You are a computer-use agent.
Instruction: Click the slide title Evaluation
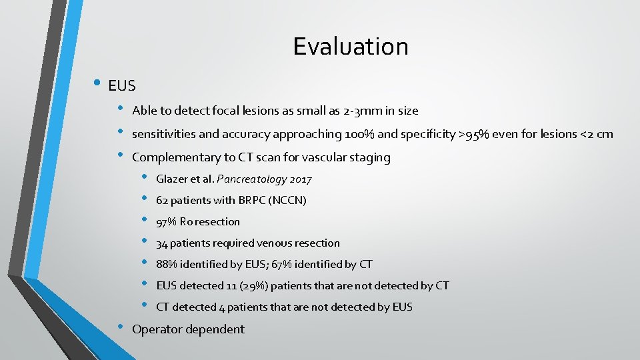point(350,47)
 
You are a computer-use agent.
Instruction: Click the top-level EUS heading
point(121,86)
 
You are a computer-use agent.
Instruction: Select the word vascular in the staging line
point(317,158)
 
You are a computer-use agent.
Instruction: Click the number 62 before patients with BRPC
point(162,201)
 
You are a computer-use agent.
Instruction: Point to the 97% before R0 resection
point(166,222)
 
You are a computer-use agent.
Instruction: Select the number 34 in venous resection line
point(162,243)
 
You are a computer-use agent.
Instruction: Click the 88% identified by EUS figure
point(166,265)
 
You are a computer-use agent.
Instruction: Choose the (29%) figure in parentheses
point(238,286)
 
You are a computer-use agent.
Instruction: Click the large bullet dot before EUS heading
point(97,83)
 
